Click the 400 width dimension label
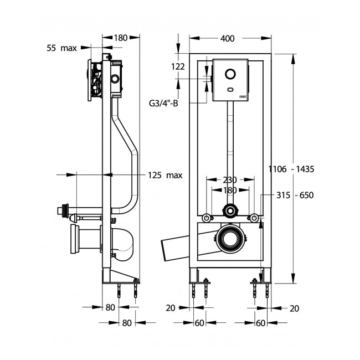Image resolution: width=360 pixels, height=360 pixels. click(227, 38)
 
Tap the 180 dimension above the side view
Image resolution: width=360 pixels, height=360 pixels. click(121, 38)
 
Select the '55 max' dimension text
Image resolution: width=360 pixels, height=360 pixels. click(61, 48)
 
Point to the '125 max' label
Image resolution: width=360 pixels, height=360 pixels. click(165, 176)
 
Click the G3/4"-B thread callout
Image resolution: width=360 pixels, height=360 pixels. click(163, 102)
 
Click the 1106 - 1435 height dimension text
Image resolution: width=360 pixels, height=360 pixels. click(292, 169)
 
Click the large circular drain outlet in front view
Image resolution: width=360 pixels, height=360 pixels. click(229, 238)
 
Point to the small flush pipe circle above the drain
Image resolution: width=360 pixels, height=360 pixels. click(229, 210)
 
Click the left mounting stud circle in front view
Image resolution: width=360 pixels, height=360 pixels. click(206, 217)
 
